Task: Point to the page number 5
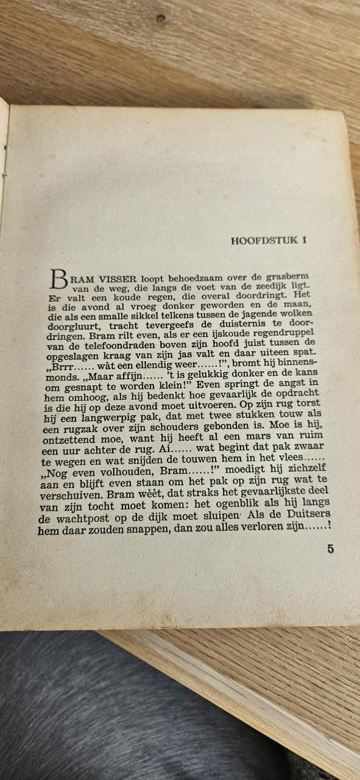pos(330,548)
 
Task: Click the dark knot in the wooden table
pos(160,18)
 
